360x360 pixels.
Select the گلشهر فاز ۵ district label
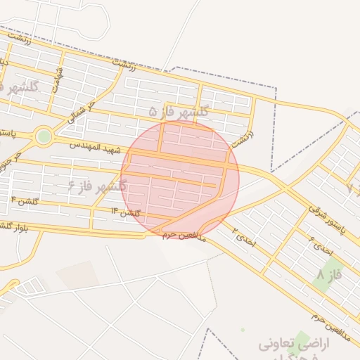[x=179, y=111]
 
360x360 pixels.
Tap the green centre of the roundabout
[x=44, y=135]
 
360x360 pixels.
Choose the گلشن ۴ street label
[x=23, y=202]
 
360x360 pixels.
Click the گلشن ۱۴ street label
[x=126, y=212]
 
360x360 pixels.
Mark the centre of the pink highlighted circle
[x=180, y=179]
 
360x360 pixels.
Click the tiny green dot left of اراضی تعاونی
[x=243, y=329]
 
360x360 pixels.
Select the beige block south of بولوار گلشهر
[x=77, y=274]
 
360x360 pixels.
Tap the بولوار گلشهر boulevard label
[x=14, y=227]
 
